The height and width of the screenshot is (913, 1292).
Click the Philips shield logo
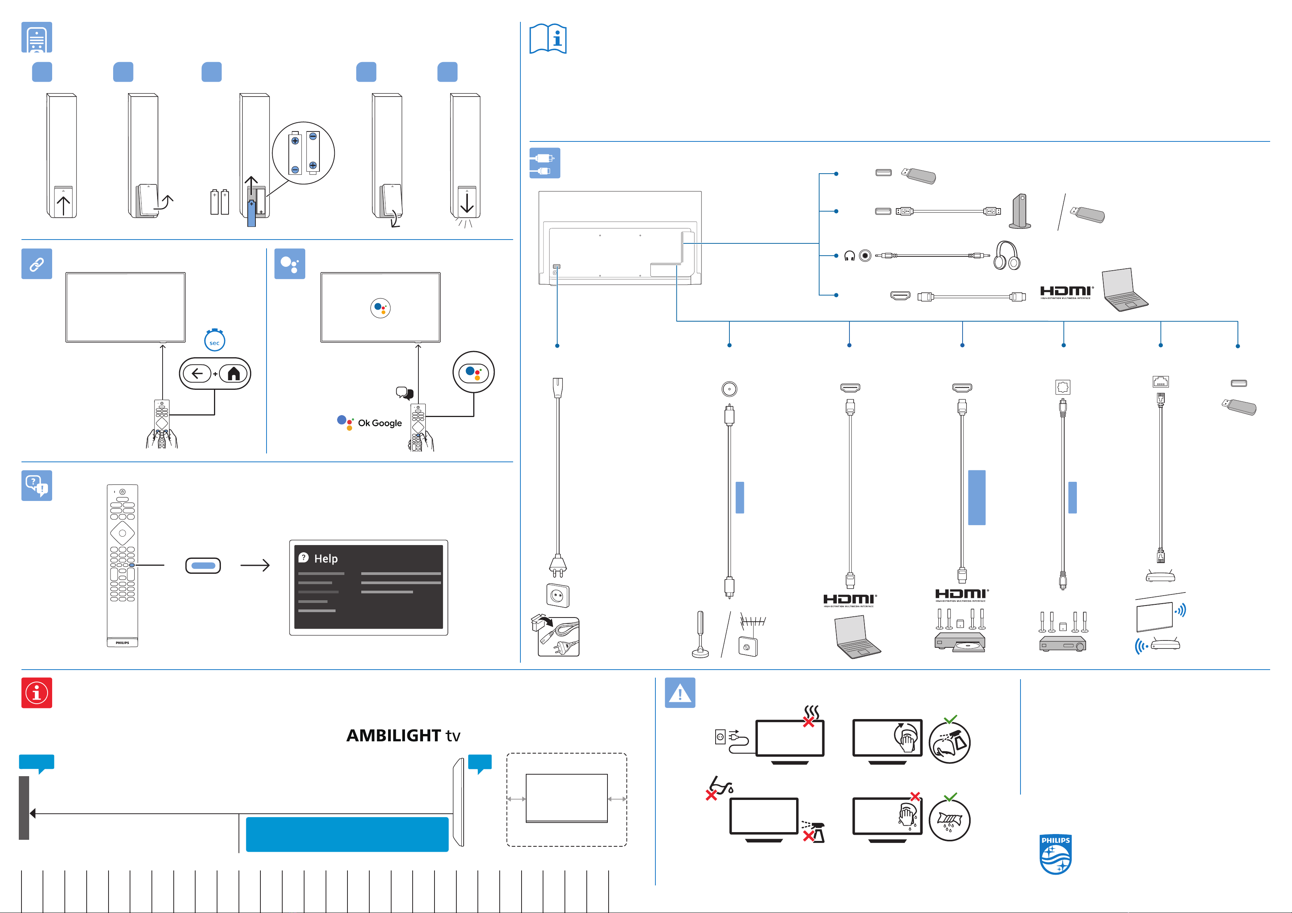[1055, 854]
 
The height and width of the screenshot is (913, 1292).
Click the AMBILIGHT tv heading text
[403, 735]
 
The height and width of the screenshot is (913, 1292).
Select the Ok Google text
[380, 423]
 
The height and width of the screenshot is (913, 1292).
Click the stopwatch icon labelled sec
[214, 340]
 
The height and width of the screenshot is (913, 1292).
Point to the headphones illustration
[1006, 256]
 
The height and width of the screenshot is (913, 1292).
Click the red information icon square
[36, 693]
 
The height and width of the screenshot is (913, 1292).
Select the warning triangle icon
[680, 693]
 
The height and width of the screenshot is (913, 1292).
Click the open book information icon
[548, 39]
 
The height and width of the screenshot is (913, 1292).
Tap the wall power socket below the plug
[558, 595]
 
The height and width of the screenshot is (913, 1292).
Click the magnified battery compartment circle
[303, 153]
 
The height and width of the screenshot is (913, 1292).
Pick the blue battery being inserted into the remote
[252, 213]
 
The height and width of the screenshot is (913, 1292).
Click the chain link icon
[36, 264]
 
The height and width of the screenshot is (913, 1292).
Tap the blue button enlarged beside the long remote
[203, 565]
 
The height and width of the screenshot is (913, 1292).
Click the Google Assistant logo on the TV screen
[380, 308]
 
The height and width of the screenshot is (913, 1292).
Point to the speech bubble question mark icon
[36, 486]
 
